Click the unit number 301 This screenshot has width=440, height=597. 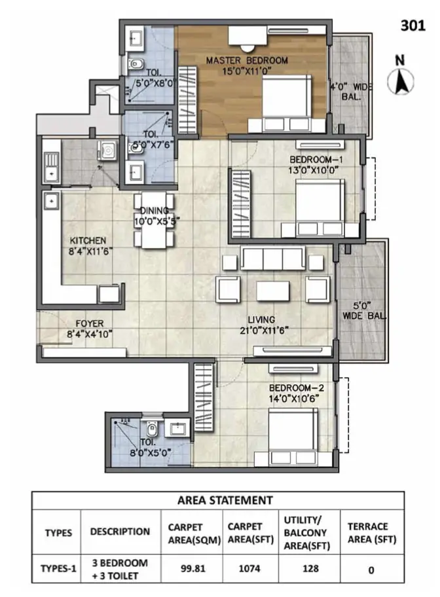(412, 26)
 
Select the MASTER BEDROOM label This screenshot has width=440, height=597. (246, 60)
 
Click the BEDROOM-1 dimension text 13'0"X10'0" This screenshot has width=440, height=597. (314, 170)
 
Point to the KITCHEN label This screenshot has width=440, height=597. (88, 241)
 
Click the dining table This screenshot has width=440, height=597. (154, 220)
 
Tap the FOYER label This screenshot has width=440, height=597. (90, 323)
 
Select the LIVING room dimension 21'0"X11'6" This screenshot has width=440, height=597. (264, 331)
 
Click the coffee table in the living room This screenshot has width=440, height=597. (272, 291)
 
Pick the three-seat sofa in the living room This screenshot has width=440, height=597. (272, 258)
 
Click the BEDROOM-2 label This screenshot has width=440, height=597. (297, 388)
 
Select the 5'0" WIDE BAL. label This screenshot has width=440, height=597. (363, 311)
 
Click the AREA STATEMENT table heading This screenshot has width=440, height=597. (225, 500)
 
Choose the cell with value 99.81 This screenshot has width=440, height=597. (192, 568)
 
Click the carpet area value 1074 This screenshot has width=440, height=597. (249, 568)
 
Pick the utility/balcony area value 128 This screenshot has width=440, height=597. (310, 568)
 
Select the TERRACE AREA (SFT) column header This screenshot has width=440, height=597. (372, 533)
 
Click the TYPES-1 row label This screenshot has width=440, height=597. (58, 568)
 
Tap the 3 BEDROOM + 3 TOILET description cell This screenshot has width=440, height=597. (120, 570)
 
